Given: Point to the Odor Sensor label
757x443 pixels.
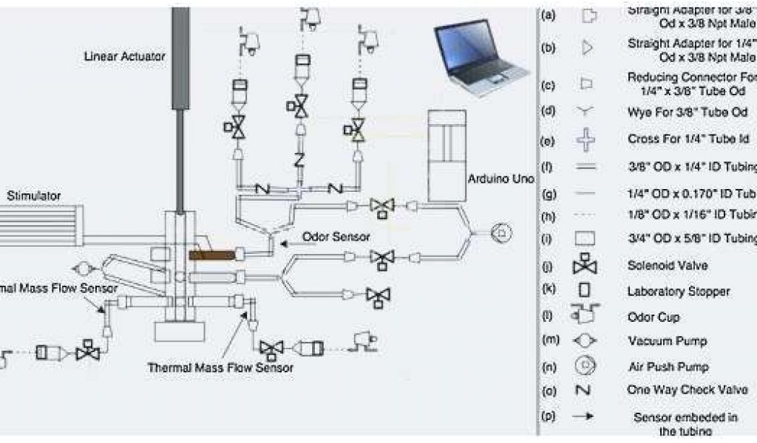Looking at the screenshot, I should coord(336,237).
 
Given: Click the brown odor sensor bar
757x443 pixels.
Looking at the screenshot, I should coord(212,254).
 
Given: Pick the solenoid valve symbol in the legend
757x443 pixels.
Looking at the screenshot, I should coord(585,265).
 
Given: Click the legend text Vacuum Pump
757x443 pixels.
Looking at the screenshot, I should coord(668,341).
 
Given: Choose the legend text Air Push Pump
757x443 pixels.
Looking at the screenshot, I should coord(668,366).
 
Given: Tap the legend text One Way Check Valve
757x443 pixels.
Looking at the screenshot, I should coord(688,390).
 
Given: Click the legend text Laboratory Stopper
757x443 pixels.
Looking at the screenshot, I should coord(679,292).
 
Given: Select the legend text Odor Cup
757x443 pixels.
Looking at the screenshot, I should coord(654,317).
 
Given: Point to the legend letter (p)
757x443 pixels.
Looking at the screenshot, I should coord(549,416).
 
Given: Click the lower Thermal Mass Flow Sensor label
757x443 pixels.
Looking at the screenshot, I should coord(220,367).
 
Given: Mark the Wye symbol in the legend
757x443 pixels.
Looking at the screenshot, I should coord(585,111).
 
